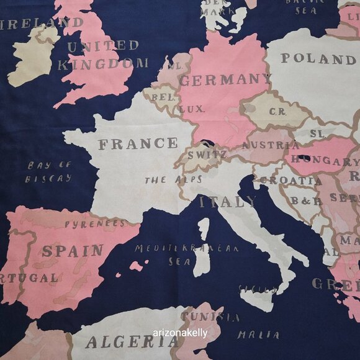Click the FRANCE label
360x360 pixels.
click(138, 145)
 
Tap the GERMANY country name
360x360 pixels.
click(225, 80)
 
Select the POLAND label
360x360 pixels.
click(318, 59)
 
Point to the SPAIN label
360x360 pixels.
click(73, 251)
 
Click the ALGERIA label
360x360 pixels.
click(132, 341)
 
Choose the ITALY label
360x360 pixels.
click(228, 202)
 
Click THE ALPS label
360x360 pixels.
click(164, 181)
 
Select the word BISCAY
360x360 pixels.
click(48, 178)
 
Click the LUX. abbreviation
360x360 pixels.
click(192, 109)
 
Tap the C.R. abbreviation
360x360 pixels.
click(277, 112)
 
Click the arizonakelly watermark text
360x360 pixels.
click(180, 332)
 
